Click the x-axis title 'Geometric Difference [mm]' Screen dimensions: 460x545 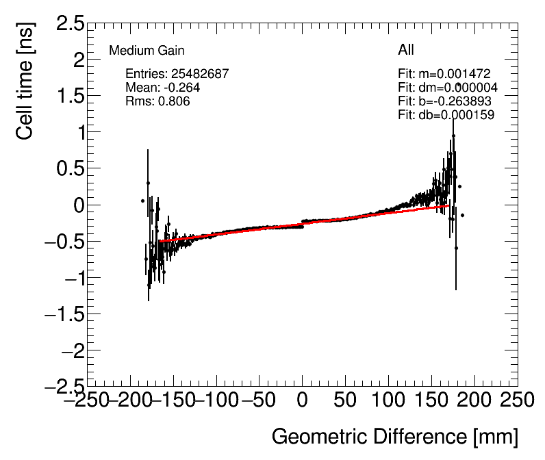(394, 436)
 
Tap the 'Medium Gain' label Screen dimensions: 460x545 (147, 51)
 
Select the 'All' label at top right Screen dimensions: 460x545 (406, 50)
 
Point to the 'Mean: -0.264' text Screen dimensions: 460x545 (163, 88)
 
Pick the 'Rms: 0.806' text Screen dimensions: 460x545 (157, 101)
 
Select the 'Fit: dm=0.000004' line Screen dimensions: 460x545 (448, 88)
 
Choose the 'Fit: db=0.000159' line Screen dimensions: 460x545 (446, 115)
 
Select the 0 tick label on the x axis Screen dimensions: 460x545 (302, 400)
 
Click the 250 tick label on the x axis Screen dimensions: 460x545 (499, 400)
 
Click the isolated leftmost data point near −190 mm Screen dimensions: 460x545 (142, 201)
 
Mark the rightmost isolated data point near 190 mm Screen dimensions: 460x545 (463, 215)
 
